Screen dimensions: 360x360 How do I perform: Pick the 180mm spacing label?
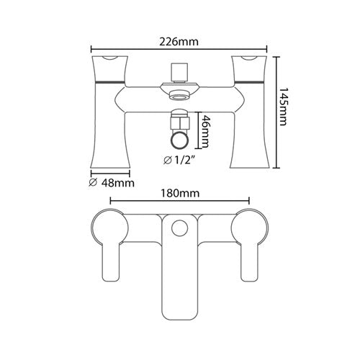(x=180, y=194)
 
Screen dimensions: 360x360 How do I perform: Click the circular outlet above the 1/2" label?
(x=180, y=140)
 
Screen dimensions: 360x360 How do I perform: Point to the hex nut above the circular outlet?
(x=180, y=117)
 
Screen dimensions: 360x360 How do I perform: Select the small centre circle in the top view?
(x=179, y=229)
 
